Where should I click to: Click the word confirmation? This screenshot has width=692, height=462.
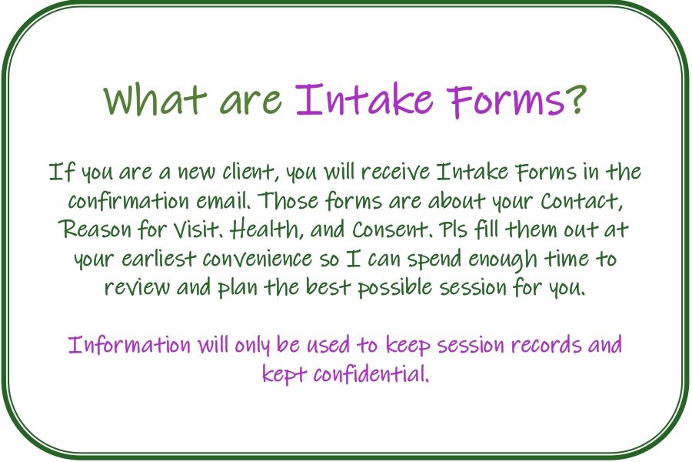(128, 201)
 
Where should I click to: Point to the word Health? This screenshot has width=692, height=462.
(266, 229)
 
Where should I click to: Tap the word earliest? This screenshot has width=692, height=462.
(158, 259)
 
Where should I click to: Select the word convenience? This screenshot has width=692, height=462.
(258, 259)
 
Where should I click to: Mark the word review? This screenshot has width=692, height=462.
(136, 288)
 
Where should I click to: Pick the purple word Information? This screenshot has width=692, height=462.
(129, 345)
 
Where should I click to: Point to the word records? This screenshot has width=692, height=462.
(546, 345)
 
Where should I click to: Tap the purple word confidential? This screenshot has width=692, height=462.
(371, 374)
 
